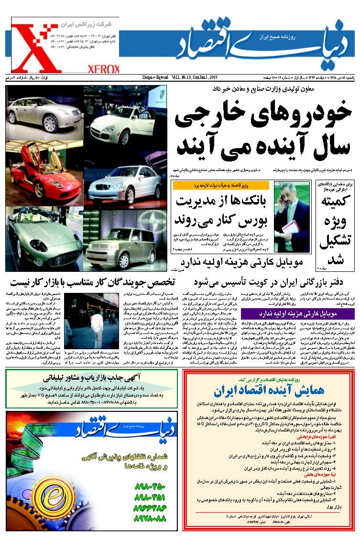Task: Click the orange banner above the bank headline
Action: tap(215, 185)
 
